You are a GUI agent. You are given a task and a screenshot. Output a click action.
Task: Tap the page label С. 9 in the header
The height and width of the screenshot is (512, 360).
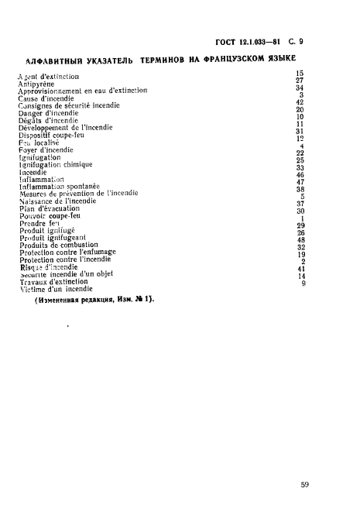(295, 44)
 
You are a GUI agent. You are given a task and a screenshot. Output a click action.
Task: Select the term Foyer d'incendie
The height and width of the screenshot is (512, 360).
(46, 149)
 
